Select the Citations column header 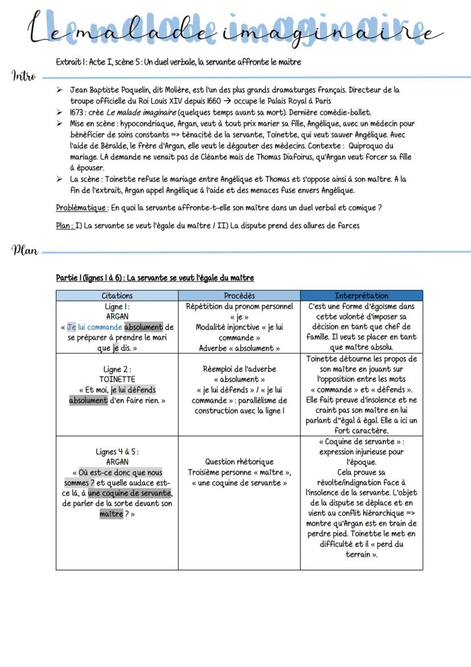117,296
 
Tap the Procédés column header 239,296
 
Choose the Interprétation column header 361,296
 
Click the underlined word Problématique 78,208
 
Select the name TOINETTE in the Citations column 117,379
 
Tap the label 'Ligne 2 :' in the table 117,369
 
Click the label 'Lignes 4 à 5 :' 117,452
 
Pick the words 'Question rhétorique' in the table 239,462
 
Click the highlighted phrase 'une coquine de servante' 130,493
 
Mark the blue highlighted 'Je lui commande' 94,327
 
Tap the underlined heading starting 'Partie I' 155,278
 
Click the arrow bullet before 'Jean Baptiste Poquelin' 60,90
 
